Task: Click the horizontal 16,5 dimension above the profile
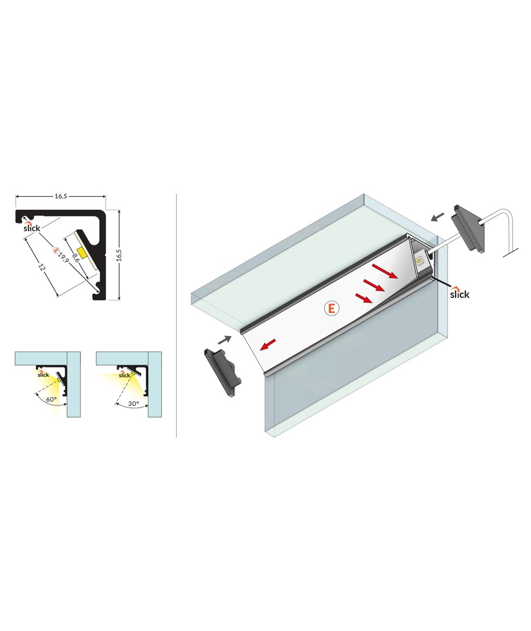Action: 61,196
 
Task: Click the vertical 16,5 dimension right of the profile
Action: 119,255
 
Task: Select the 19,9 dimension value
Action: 64,258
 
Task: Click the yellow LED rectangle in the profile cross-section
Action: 83,254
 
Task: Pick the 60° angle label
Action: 51,400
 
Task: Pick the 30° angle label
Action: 134,403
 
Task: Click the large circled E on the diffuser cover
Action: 331,308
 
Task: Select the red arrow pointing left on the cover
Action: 268,345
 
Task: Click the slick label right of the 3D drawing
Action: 459,293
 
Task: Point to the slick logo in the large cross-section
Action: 32,227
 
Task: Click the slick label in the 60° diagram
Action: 43,375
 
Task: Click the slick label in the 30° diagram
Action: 124,375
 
